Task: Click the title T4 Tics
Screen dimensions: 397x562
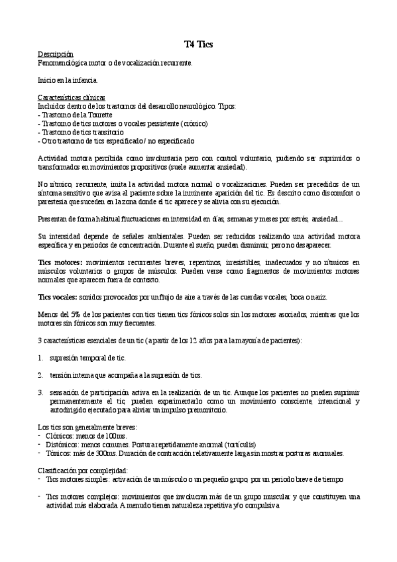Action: coord(198,44)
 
